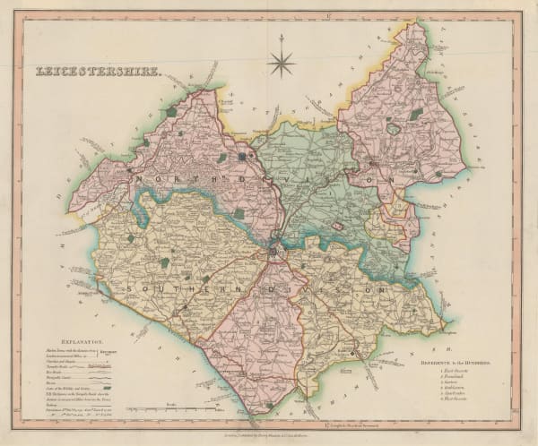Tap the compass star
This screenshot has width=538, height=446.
coord(282,64)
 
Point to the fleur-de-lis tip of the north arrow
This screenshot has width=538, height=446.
coord(282,38)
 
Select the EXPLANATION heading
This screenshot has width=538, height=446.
coord(76,341)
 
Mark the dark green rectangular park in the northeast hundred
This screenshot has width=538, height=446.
coord(416,114)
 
